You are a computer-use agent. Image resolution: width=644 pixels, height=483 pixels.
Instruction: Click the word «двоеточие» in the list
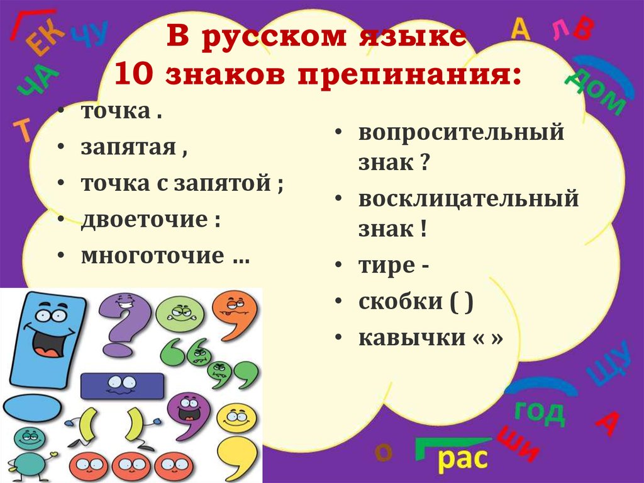[145, 220]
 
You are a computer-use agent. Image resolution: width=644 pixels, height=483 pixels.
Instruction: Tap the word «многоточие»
[153, 256]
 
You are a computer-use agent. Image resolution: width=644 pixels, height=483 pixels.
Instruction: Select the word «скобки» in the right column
[401, 302]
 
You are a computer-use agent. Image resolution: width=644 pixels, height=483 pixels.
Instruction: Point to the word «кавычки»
[412, 338]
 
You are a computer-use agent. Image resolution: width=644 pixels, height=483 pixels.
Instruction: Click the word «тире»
[387, 266]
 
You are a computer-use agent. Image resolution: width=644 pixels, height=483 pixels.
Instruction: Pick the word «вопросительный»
[461, 133]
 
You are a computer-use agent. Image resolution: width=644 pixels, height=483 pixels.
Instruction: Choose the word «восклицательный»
[468, 199]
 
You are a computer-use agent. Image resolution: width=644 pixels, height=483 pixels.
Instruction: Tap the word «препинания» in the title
[409, 76]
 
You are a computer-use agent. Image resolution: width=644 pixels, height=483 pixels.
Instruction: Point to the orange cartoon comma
[235, 315]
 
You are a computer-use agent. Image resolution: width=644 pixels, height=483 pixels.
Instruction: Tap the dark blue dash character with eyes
[122, 386]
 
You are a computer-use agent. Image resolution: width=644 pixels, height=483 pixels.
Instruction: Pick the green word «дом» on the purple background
[596, 91]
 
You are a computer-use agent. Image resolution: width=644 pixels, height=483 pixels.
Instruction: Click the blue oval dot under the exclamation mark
[33, 407]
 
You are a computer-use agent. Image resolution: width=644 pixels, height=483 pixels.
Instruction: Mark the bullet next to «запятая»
[61, 147]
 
